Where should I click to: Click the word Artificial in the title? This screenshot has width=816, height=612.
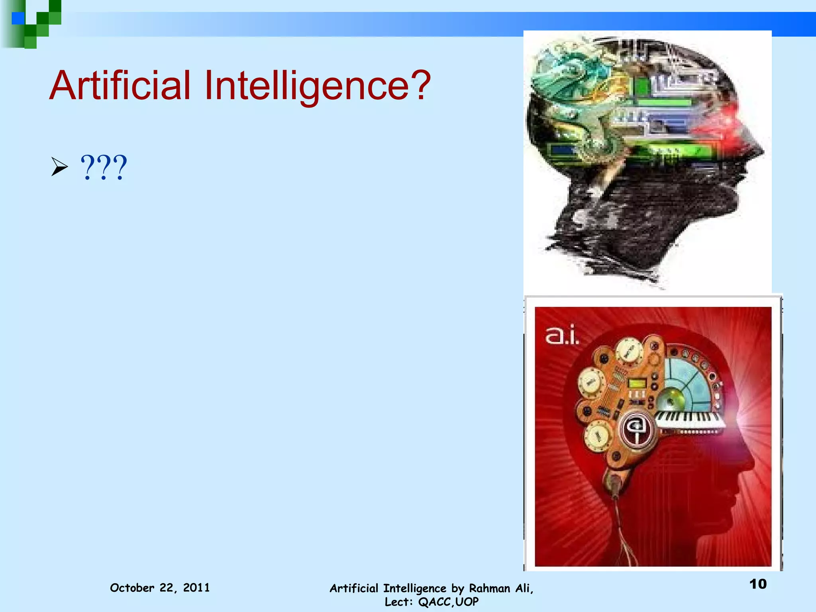120,85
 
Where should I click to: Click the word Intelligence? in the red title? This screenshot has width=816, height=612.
317,85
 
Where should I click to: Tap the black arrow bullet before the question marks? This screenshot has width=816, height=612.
59,167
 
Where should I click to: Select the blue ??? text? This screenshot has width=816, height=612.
104,168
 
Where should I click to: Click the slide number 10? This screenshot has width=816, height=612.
758,584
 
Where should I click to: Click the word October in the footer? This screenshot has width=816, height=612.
132,588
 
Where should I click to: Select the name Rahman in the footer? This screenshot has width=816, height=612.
490,588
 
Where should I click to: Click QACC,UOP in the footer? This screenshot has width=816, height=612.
448,602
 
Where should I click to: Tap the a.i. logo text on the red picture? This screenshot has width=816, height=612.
562,336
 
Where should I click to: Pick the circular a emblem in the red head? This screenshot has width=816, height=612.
637,429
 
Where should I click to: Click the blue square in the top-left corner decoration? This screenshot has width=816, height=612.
18,18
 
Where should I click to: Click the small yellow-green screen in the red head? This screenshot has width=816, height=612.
637,383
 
